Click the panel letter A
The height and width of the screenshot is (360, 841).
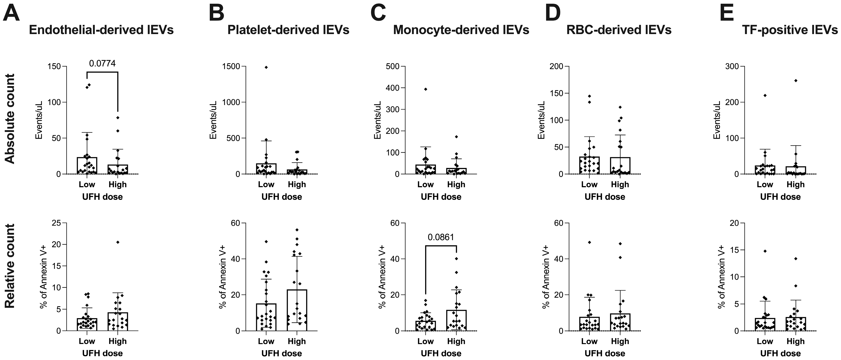point(11,14)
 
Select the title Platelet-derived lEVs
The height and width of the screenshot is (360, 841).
point(288,30)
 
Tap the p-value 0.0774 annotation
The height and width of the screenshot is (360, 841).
point(102,63)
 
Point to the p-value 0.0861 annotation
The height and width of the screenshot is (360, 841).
point(441,237)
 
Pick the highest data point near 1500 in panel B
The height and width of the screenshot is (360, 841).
point(266,68)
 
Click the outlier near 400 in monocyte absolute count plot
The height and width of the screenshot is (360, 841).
point(425,89)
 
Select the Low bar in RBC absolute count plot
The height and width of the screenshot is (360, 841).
point(589,165)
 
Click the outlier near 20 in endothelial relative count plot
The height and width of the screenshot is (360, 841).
point(118,242)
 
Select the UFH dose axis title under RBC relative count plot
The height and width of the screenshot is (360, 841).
point(605,353)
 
